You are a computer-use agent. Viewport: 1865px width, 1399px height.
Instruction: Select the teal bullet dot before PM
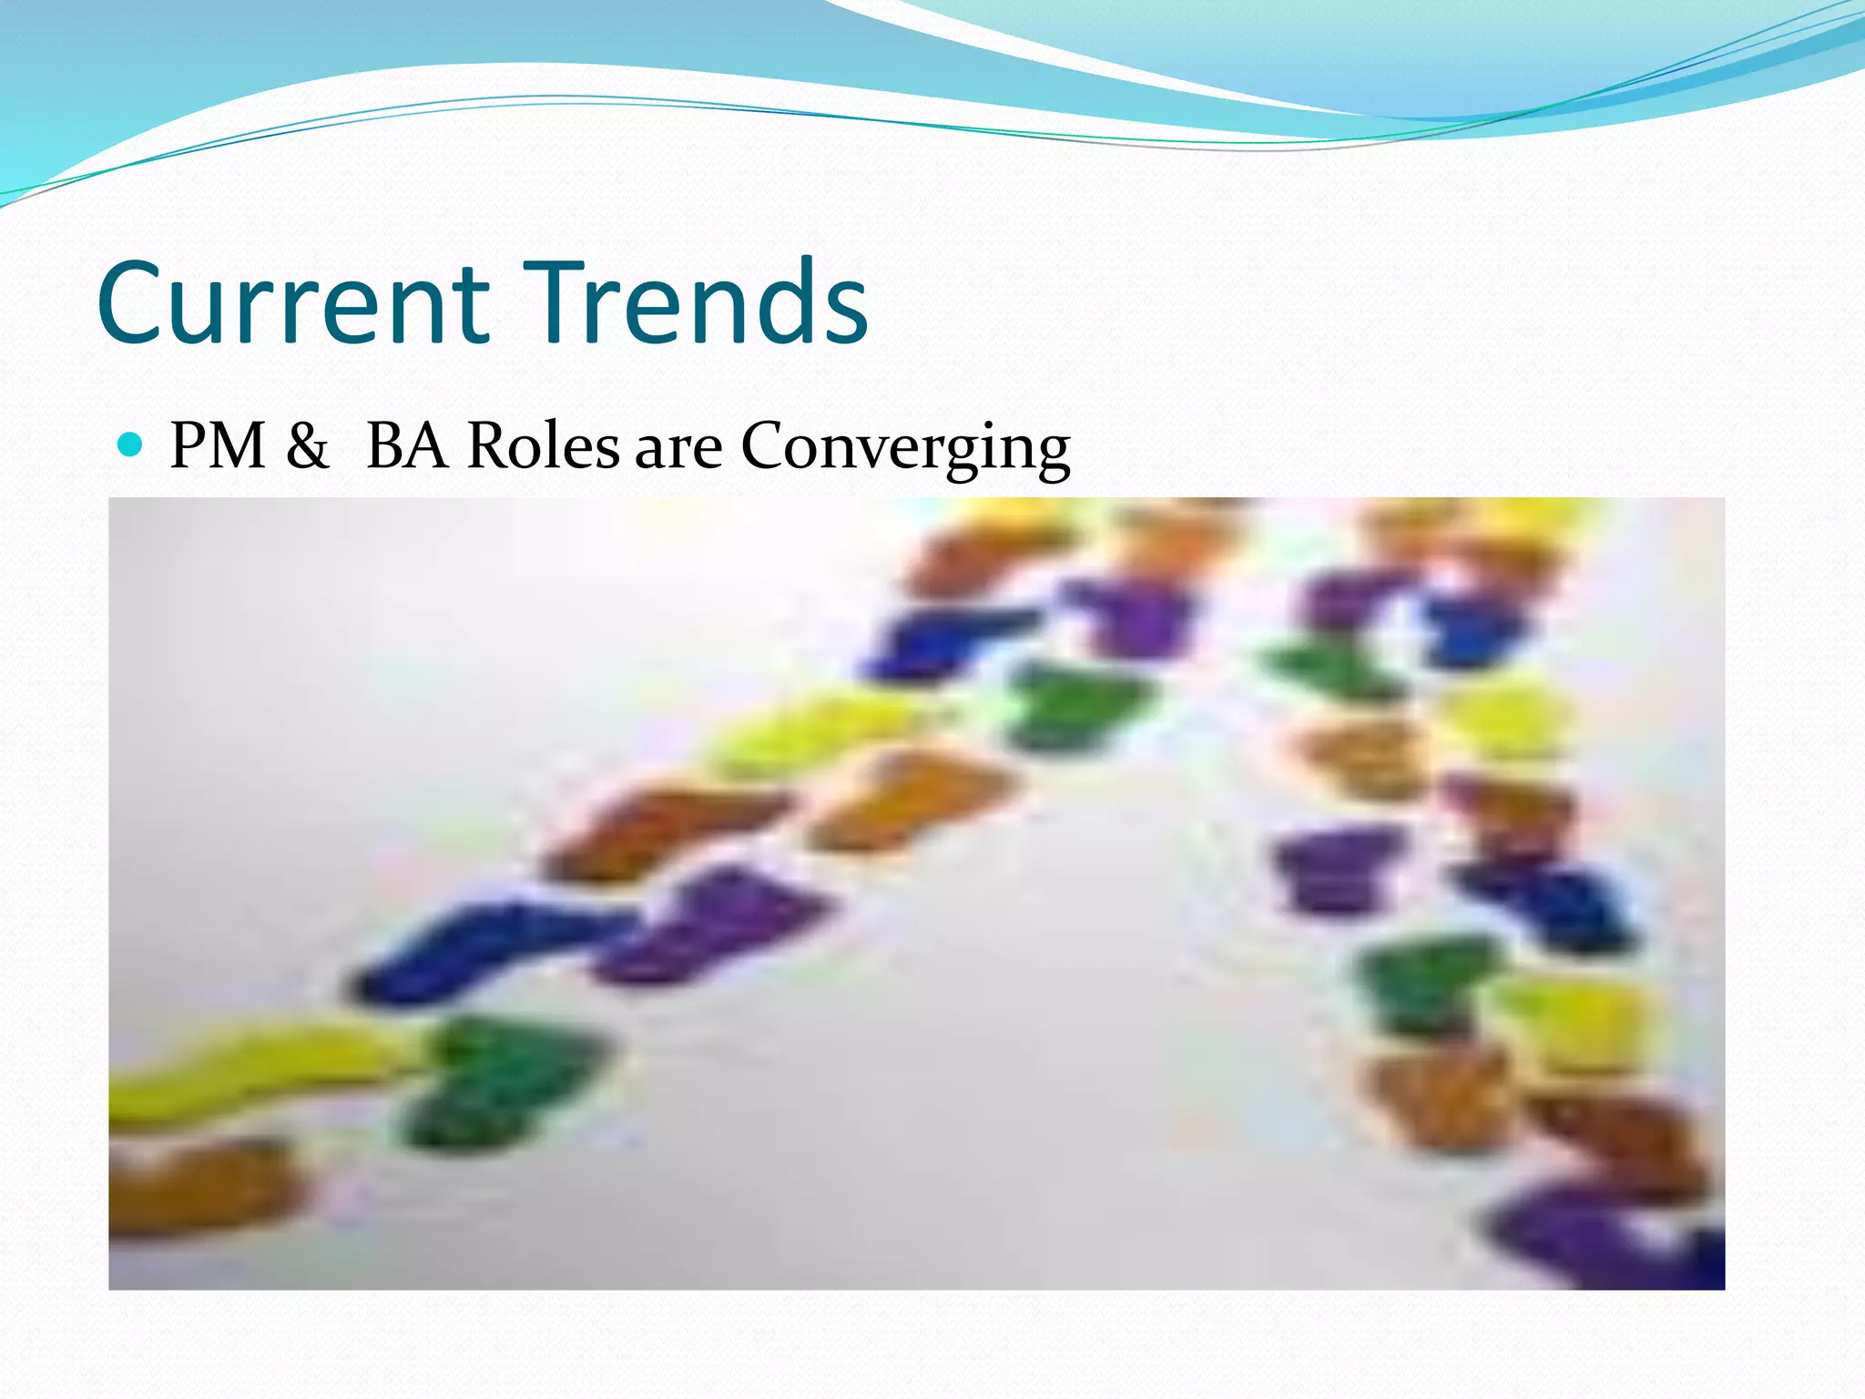tap(131, 444)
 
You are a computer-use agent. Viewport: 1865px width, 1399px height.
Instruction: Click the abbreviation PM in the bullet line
tap(218, 446)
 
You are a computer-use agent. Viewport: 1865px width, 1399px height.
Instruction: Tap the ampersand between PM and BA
tap(307, 446)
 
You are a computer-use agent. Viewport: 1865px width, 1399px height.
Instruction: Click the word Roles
tap(543, 446)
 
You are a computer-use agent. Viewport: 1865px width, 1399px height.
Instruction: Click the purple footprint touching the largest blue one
tap(719, 924)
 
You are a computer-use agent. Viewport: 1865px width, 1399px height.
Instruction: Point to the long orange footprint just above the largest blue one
tap(665, 829)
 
